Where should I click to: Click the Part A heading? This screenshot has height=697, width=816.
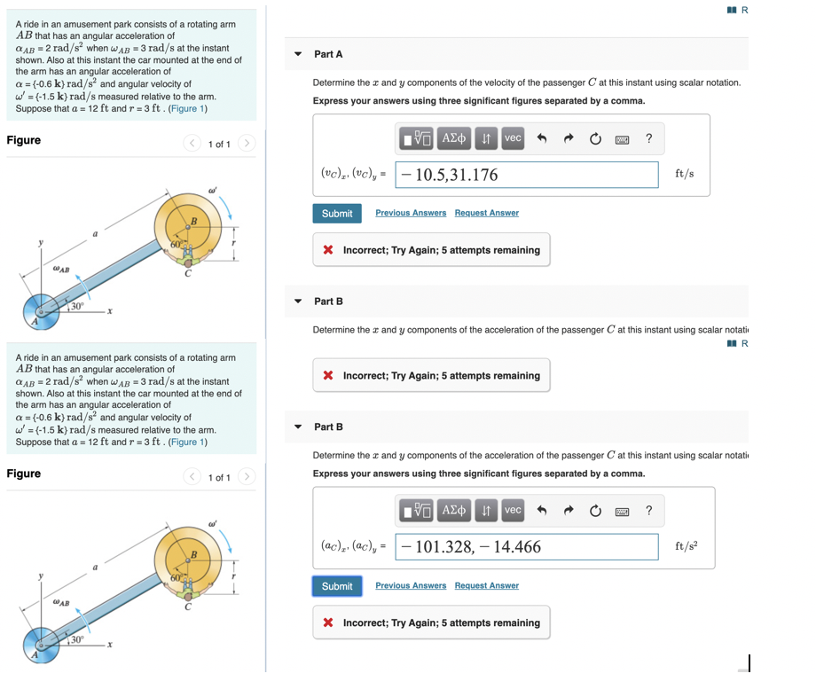pos(328,55)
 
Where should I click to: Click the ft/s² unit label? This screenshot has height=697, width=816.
pos(687,546)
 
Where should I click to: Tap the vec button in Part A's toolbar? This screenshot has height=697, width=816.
pos(513,138)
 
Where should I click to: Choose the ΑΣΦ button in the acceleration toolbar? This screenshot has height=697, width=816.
pos(455,511)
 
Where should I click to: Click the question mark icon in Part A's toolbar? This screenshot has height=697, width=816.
pos(649,138)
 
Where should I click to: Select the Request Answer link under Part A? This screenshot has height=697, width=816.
pos(486,213)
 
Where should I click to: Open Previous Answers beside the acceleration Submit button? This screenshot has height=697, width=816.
pos(411,585)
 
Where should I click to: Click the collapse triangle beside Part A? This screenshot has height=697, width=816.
pos(298,55)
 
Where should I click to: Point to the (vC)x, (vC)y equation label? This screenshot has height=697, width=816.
pos(352,175)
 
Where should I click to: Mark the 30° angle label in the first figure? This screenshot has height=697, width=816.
pos(77,306)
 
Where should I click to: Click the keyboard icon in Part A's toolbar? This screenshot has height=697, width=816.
pos(623,138)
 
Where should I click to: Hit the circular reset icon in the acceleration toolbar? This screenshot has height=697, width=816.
pos(595,511)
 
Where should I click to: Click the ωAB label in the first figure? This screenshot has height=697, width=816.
pos(61,270)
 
